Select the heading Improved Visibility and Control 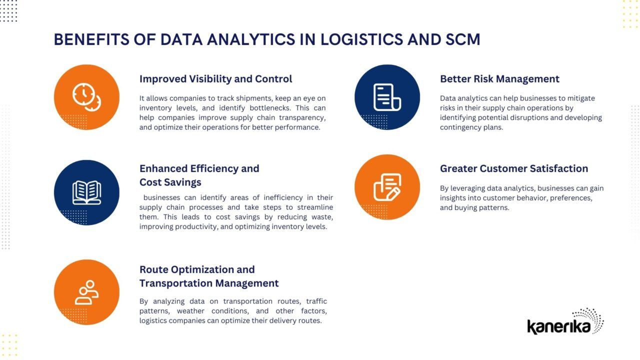[215, 79]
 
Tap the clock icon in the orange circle [86, 96]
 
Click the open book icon [86, 192]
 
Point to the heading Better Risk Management [499, 79]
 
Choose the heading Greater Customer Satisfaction [513, 168]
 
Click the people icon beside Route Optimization [86, 292]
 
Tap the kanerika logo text [558, 326]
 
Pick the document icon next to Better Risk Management [387, 97]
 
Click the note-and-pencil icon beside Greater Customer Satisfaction [387, 187]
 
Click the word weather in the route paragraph [191, 311]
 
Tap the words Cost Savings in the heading [170, 182]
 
